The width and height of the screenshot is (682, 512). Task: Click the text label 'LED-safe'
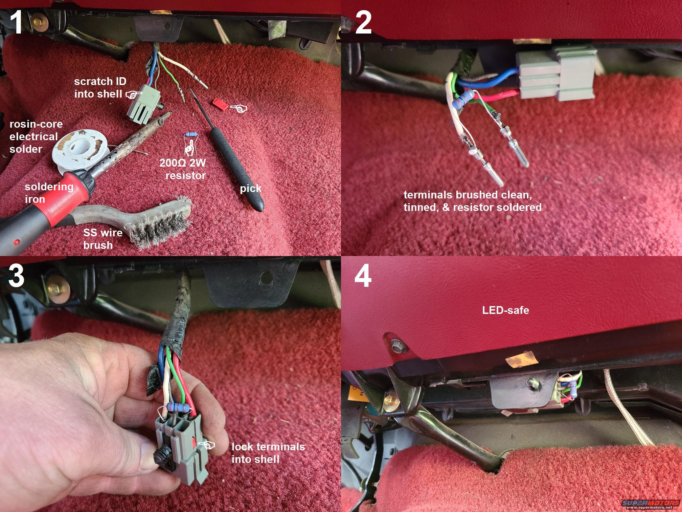point(505,310)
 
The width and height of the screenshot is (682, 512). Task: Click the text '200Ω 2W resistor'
point(183,169)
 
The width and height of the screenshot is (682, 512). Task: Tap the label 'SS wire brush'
point(102,238)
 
